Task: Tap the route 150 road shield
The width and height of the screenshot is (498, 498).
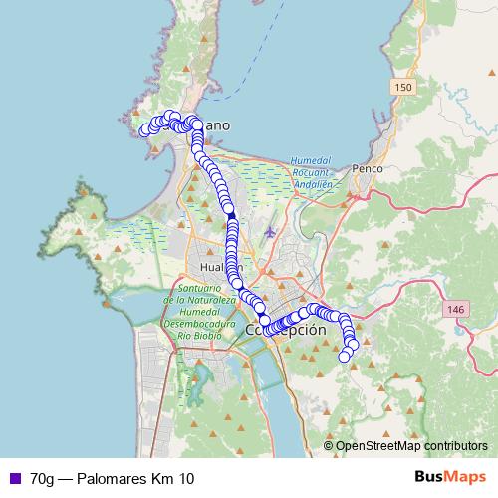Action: (x=402, y=89)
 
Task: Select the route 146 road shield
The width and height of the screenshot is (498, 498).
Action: (x=456, y=311)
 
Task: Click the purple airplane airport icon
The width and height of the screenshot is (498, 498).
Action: (x=271, y=233)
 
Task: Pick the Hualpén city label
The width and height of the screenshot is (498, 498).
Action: (x=216, y=268)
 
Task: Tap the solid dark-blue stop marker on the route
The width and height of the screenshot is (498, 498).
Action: (x=231, y=214)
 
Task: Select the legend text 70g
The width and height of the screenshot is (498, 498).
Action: (x=41, y=479)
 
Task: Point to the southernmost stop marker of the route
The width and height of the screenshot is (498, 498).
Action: (x=346, y=356)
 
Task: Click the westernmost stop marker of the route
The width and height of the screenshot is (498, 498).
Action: (x=144, y=129)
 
